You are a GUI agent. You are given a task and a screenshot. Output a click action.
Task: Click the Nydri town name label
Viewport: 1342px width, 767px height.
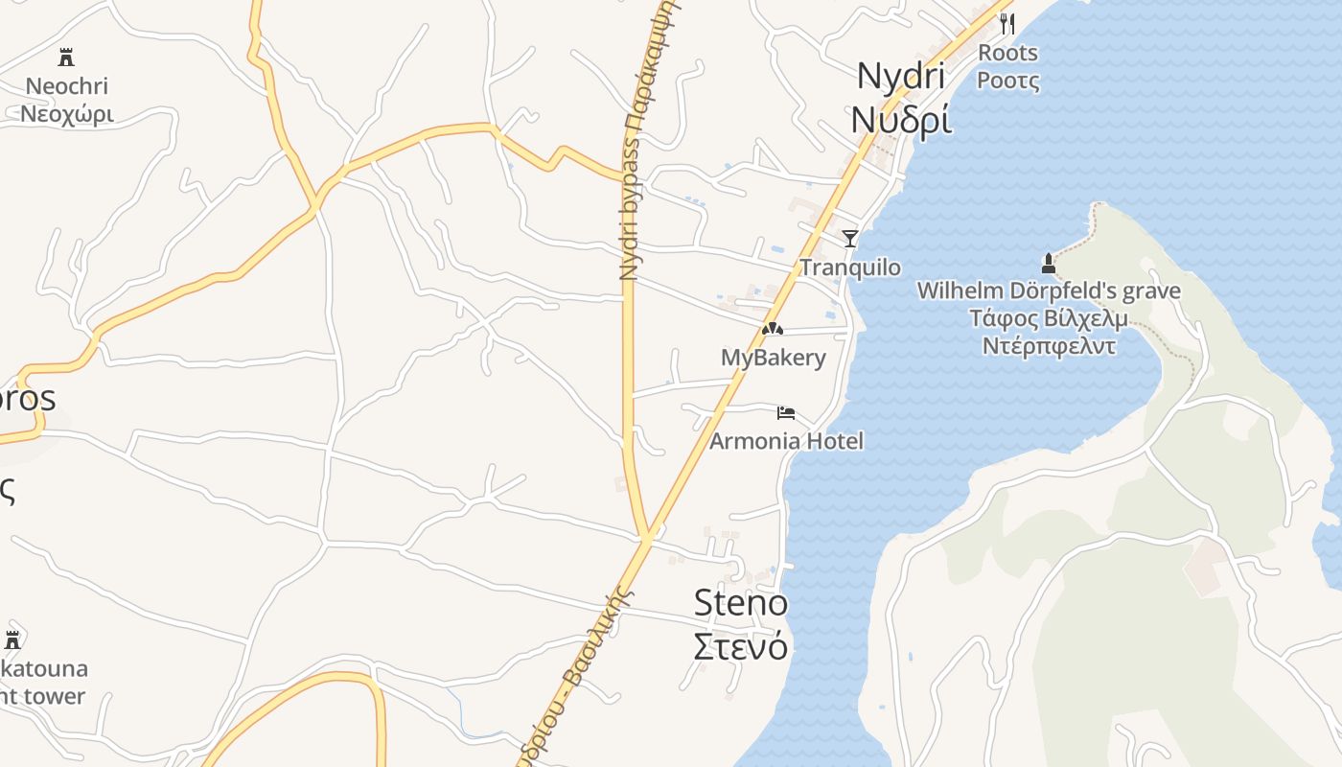[901, 76]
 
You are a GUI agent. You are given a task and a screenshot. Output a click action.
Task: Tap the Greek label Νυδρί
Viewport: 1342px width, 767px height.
[901, 120]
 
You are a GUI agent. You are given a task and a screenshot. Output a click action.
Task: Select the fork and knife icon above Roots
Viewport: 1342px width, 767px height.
[1007, 24]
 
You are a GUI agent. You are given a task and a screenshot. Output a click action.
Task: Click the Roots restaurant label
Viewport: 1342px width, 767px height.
[1007, 53]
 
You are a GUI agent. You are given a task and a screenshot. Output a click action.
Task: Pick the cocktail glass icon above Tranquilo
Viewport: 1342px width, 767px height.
[849, 239]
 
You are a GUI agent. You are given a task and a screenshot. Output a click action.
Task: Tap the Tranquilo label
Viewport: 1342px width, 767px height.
[850, 267]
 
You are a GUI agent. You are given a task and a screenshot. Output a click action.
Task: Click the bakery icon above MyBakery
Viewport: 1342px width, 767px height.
[773, 329]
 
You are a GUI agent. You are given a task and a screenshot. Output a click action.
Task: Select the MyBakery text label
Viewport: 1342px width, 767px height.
[773, 358]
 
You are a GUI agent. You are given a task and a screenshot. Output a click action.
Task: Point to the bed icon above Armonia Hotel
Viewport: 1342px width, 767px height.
[786, 413]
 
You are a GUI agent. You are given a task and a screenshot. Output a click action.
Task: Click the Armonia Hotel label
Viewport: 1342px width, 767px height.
[786, 441]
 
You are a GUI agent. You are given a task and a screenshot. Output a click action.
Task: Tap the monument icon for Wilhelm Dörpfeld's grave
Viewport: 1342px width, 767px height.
[1048, 263]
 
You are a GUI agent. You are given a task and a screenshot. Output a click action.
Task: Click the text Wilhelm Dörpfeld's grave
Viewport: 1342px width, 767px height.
[1049, 291]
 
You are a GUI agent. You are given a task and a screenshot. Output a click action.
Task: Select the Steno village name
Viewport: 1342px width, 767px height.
[740, 603]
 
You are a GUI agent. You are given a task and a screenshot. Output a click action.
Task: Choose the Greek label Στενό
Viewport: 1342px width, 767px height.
[740, 646]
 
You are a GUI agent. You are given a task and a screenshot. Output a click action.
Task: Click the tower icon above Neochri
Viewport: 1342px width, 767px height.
[66, 58]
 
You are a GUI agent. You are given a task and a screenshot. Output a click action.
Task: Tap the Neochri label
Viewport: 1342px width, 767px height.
[66, 86]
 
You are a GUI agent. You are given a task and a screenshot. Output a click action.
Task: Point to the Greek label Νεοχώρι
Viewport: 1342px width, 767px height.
[67, 115]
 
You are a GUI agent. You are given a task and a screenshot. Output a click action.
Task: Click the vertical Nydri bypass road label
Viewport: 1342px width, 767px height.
[630, 144]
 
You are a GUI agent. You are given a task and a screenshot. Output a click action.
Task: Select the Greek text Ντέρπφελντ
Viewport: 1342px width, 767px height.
[1049, 346]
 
